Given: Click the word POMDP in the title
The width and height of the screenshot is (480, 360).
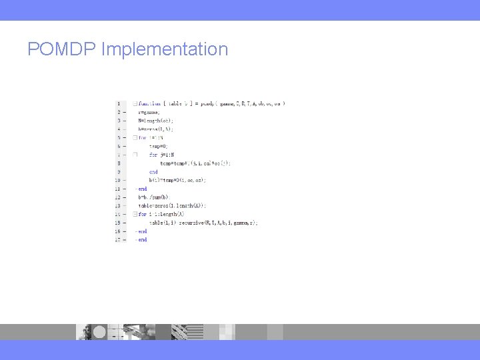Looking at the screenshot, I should click(62, 49).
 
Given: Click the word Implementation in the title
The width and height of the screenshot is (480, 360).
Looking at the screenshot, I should click(165, 50).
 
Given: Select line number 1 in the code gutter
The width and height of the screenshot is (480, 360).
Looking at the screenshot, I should click(119, 103).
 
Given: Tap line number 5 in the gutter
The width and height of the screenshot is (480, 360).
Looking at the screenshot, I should click(119, 137).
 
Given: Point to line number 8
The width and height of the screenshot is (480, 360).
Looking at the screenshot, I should click(119, 163).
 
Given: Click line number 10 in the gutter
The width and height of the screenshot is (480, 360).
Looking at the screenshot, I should click(118, 180).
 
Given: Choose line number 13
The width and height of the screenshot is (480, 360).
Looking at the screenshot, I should click(118, 206).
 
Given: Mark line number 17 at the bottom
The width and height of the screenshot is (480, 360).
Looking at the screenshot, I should click(118, 240).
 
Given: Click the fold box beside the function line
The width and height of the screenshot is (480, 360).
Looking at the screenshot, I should click(135, 103).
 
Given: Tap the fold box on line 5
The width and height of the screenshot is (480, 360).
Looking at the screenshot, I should click(135, 137).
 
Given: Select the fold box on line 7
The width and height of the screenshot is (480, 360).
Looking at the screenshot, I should click(135, 155).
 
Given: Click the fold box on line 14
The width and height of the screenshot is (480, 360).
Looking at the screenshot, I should click(135, 214).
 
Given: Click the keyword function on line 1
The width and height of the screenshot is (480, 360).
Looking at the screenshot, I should click(149, 103).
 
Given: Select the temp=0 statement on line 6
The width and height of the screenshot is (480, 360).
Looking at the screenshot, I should click(159, 146).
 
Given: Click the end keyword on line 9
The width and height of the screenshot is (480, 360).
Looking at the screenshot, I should click(153, 171).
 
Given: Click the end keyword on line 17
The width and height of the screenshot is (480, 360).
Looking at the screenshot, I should click(143, 240).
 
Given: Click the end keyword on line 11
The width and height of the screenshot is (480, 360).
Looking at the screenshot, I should click(143, 189).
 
